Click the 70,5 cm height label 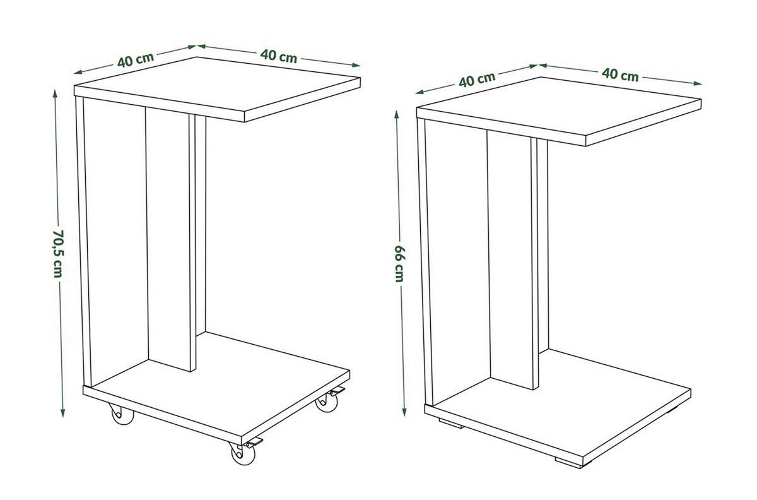(x=57, y=253)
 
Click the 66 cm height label (x=399, y=263)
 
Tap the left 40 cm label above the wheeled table (x=135, y=60)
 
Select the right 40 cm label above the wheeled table (x=278, y=56)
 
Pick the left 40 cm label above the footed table (x=476, y=79)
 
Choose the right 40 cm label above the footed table (x=620, y=74)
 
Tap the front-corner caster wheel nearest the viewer (x=238, y=455)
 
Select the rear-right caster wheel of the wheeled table (x=326, y=402)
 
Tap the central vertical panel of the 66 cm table (x=509, y=259)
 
